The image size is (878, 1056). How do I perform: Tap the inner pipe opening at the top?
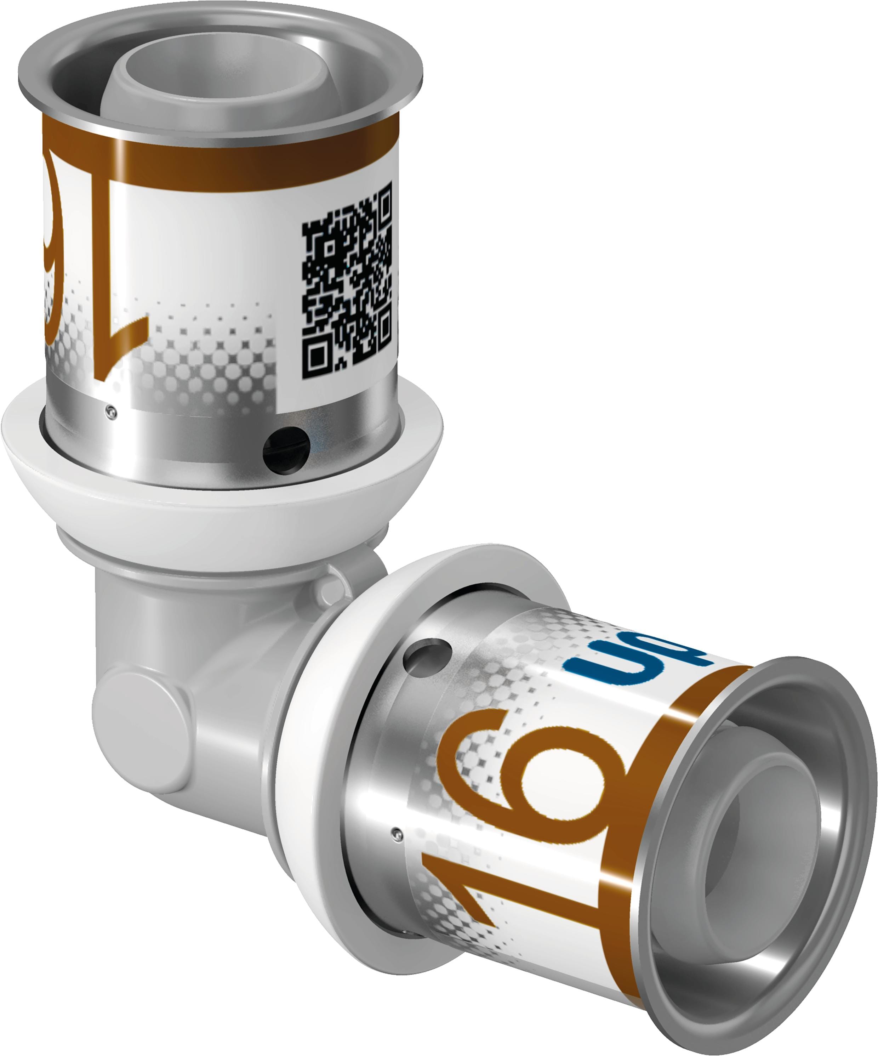201,75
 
